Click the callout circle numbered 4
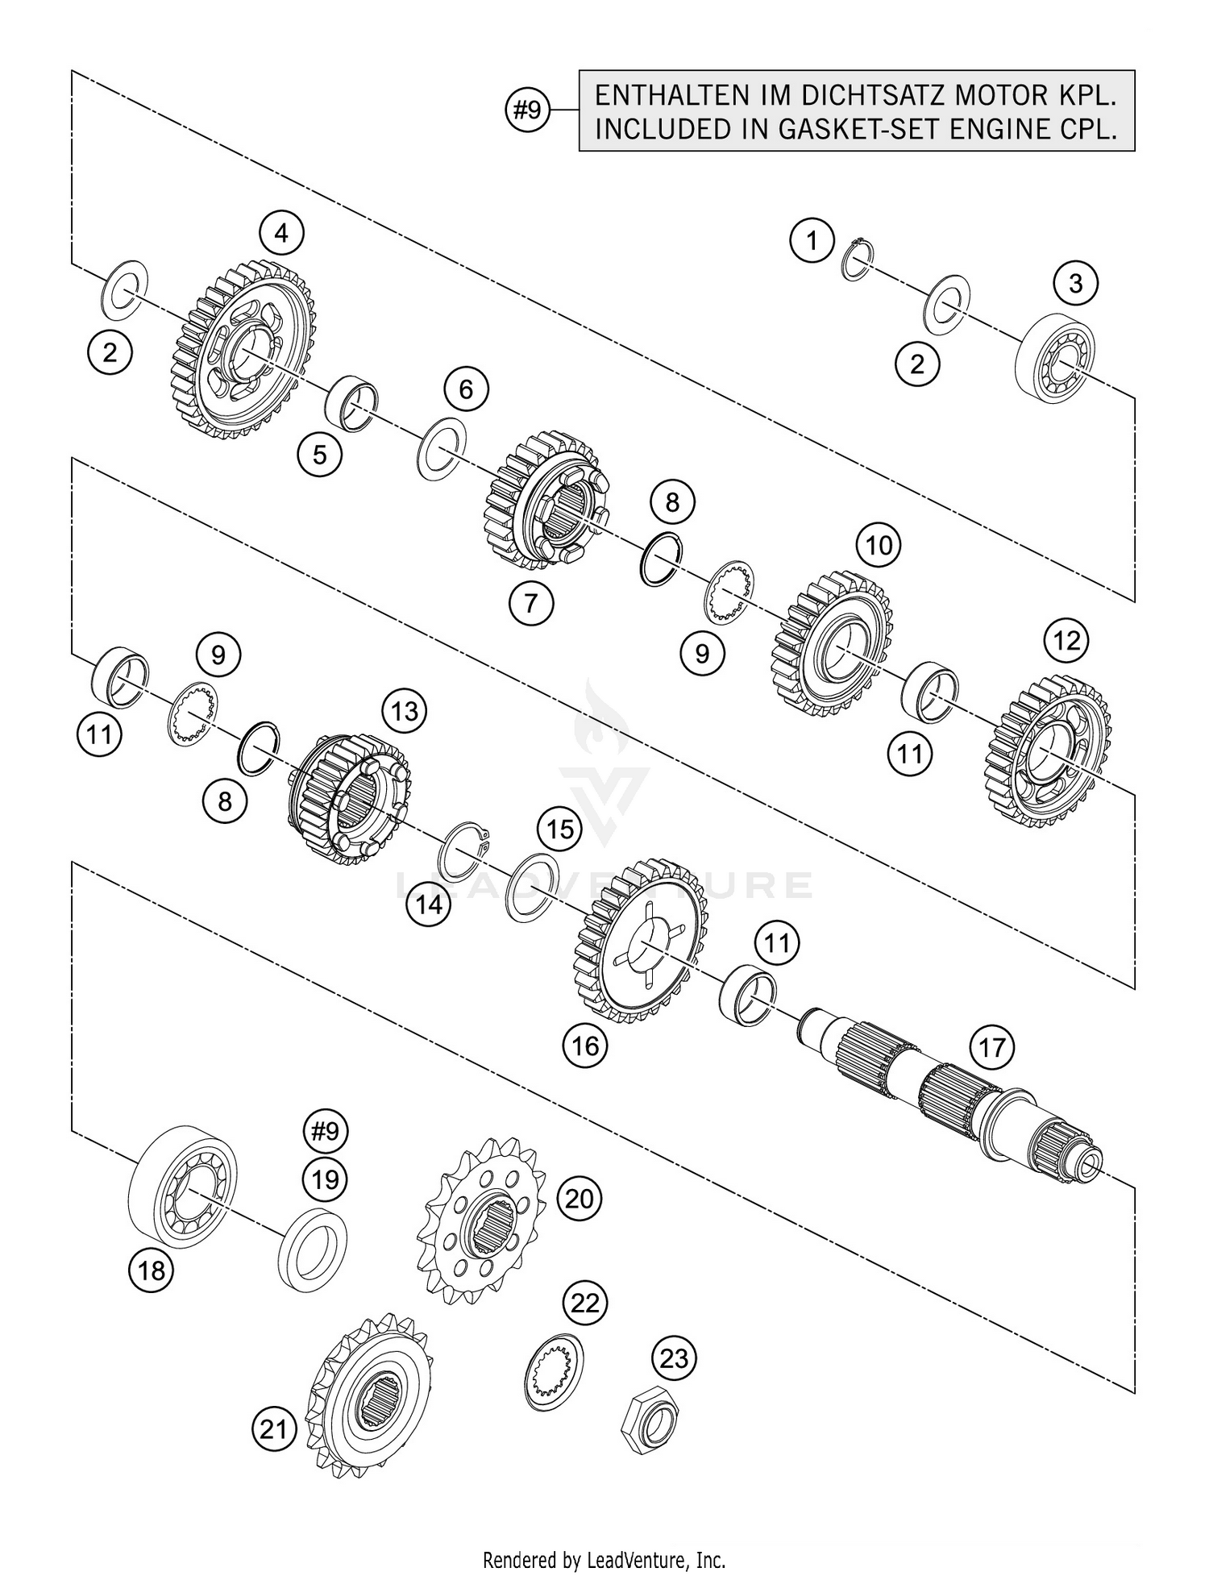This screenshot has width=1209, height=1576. click(280, 234)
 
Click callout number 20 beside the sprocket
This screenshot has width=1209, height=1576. click(579, 1199)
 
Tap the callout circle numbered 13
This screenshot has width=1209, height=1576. click(404, 711)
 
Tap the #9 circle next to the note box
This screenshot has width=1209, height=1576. click(527, 110)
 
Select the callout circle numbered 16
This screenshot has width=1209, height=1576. click(585, 1046)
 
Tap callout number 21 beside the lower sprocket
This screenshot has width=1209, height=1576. click(274, 1429)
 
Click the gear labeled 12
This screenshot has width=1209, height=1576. click(1048, 752)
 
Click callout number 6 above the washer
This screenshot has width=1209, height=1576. click(466, 390)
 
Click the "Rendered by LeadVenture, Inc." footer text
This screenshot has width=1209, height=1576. click(604, 1559)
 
